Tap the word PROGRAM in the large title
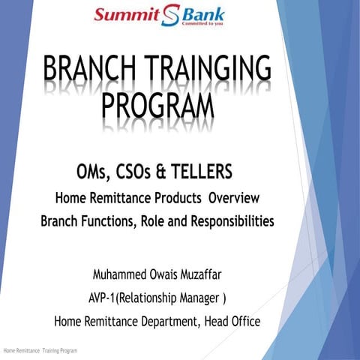point(156,112)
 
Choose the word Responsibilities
point(228,222)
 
